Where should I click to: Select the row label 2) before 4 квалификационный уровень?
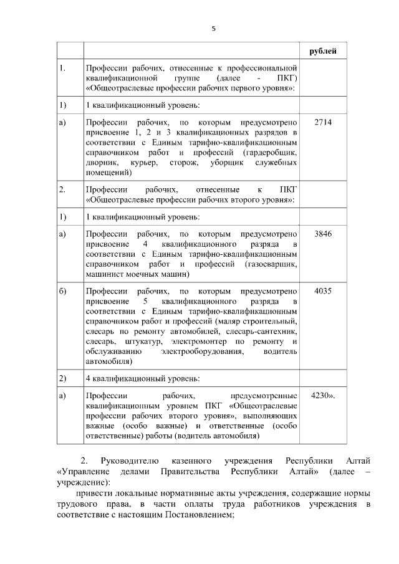click(x=62, y=378)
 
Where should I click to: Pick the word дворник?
click(x=100, y=163)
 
